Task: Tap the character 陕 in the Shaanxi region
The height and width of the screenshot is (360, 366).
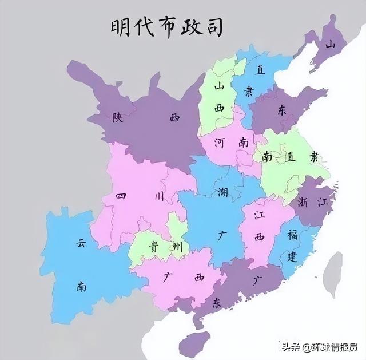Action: tap(118, 117)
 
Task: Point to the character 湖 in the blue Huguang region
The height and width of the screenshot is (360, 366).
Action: tap(222, 192)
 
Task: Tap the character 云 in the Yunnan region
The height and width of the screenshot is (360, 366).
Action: tap(81, 243)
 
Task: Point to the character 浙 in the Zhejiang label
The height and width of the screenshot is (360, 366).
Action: tap(304, 201)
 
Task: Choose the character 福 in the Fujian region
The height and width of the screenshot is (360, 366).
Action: tap(292, 235)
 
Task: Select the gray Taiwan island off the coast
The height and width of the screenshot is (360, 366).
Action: tap(332, 274)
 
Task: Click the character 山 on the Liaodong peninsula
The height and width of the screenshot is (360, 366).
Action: tap(329, 44)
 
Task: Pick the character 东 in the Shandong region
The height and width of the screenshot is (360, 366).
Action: tap(281, 111)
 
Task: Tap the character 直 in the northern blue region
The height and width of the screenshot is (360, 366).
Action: tap(260, 70)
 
